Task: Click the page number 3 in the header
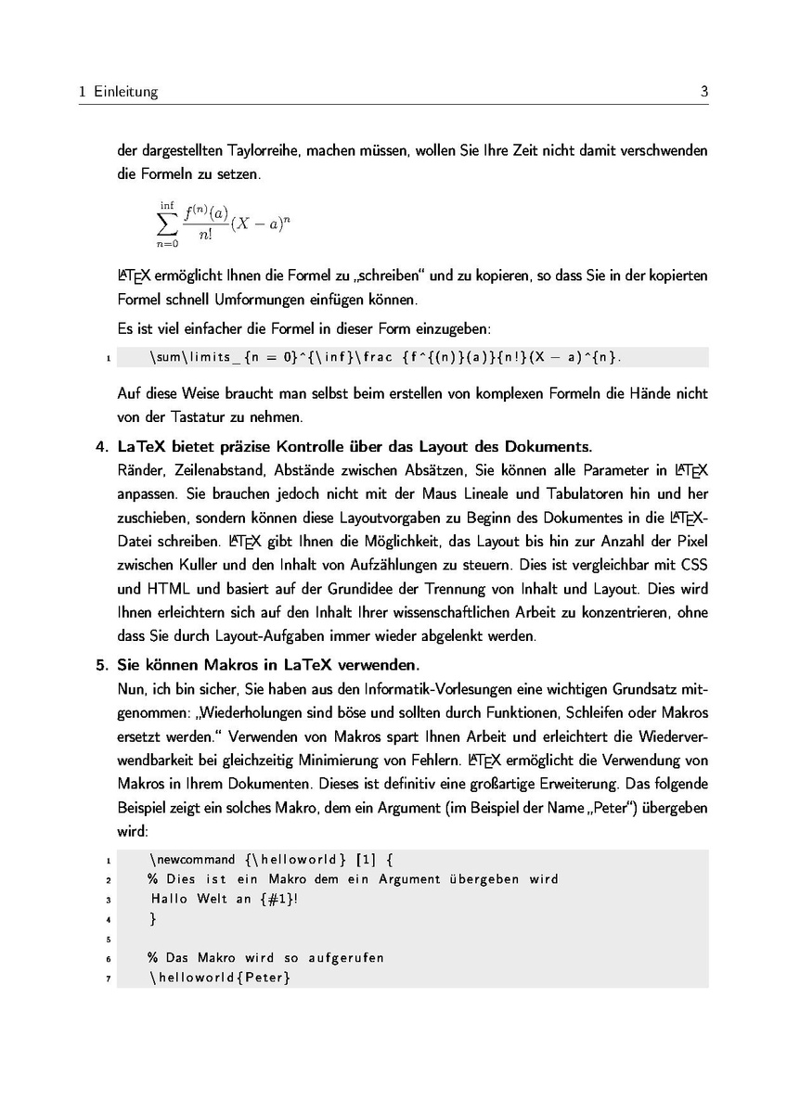[x=704, y=92]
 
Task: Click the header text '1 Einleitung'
[x=119, y=92]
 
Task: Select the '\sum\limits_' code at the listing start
[x=189, y=357]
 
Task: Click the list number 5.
[x=101, y=665]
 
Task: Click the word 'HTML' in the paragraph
[x=168, y=588]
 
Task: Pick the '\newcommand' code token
[x=191, y=860]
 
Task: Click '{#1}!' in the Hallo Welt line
[x=279, y=899]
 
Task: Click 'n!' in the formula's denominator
[x=206, y=236]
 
